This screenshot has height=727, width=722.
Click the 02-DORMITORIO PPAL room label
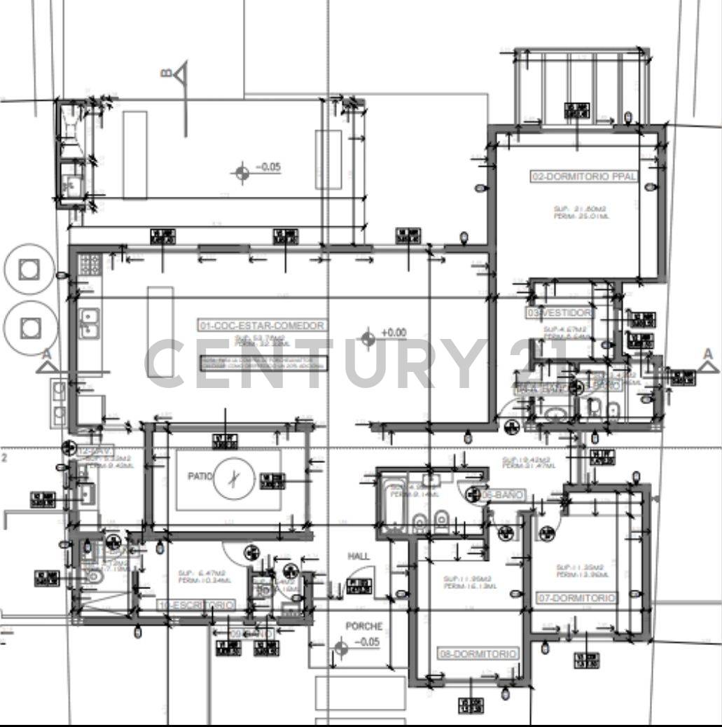point(584,177)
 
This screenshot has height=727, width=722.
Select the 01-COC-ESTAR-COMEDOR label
point(263,326)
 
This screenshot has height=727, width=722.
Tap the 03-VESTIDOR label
point(560,312)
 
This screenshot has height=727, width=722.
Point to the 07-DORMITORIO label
point(576,598)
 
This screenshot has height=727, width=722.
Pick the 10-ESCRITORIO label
point(196,604)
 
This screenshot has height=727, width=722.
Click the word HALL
point(359,556)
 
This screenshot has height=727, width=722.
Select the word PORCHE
point(363,626)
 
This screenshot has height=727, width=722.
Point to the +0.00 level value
point(393,333)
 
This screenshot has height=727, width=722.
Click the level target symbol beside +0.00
point(368,340)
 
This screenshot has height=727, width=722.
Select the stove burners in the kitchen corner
point(90,264)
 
